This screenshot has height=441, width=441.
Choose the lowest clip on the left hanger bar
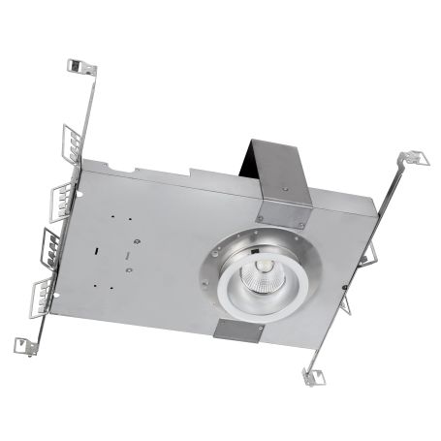43,289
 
